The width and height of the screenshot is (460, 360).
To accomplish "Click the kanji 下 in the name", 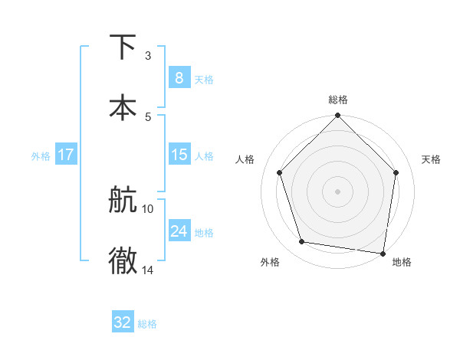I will pyautogui.click(x=123, y=47).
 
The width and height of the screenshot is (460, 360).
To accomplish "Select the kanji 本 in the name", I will pyautogui.click(x=123, y=106).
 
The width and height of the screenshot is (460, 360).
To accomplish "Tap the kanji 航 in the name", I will pyautogui.click(x=123, y=201).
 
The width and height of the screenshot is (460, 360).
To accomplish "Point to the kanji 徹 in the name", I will pyautogui.click(x=123, y=260).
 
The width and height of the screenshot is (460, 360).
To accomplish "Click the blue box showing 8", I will pyautogui.click(x=179, y=77).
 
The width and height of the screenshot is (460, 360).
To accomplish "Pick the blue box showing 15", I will pyautogui.click(x=179, y=155).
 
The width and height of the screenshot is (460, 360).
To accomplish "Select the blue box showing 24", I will pyautogui.click(x=179, y=231).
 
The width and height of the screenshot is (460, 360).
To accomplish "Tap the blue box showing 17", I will pyautogui.click(x=65, y=155).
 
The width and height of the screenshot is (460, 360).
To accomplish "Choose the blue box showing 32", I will pyautogui.click(x=123, y=322).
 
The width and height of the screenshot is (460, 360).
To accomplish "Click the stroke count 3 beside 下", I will pyautogui.click(x=147, y=56).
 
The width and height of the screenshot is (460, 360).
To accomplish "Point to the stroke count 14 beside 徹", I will pyautogui.click(x=148, y=270).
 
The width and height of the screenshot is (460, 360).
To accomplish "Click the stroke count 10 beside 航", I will pyautogui.click(x=148, y=208).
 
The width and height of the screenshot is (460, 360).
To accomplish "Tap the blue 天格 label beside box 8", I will pyautogui.click(x=204, y=79).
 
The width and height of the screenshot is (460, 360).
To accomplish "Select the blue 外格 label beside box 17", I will pyautogui.click(x=41, y=156).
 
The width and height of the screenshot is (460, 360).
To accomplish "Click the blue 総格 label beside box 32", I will pyautogui.click(x=147, y=324).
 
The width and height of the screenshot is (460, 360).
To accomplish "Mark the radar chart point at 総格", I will pyautogui.click(x=337, y=116).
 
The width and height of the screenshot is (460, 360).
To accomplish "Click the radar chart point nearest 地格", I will pyautogui.click(x=382, y=253).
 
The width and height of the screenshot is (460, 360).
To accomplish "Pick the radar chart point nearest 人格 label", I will pyautogui.click(x=280, y=173).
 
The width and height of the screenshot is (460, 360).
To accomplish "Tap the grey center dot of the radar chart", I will pyautogui.click(x=337, y=191).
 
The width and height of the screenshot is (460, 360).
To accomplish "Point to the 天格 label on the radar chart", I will pyautogui.click(x=432, y=159).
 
